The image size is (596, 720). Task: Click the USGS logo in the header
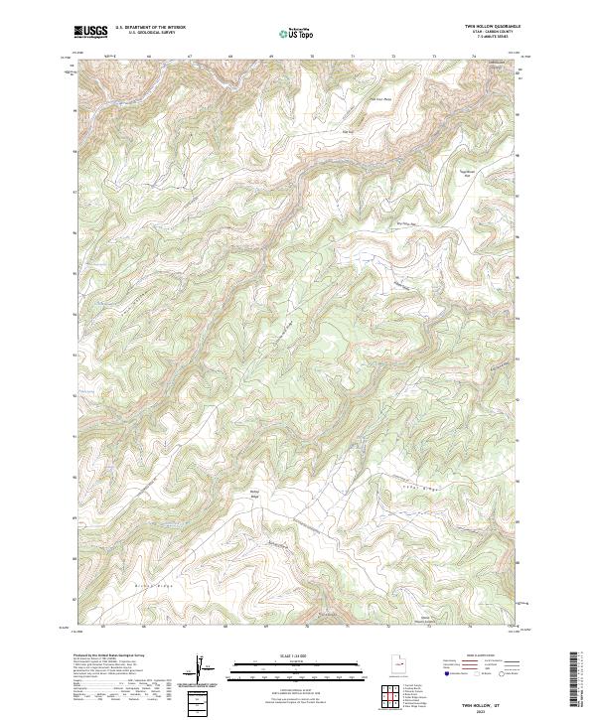pyautogui.click(x=91, y=32)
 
